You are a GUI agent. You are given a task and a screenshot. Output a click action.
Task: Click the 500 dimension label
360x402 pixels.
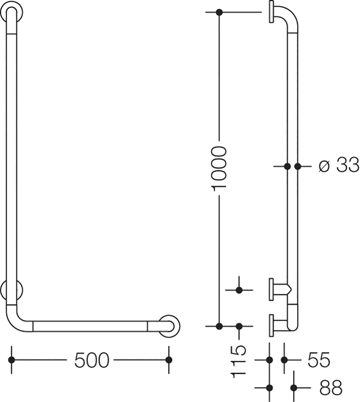(92, 360)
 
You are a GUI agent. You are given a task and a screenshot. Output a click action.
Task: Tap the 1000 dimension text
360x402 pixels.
(219, 169)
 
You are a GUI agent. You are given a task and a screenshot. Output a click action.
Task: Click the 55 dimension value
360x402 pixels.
(319, 360)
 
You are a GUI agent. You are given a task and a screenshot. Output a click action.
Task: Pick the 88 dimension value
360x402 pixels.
(331, 388)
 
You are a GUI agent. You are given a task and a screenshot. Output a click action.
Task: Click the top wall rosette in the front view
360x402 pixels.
(11, 11)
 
